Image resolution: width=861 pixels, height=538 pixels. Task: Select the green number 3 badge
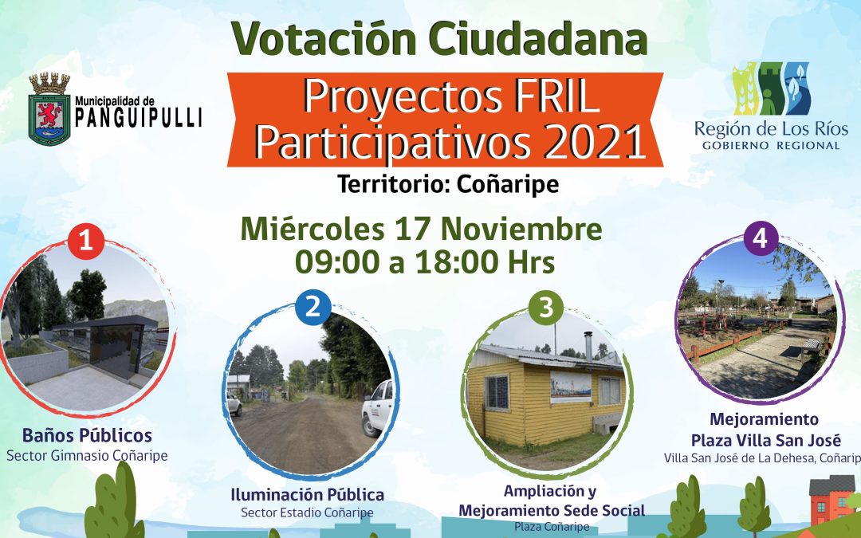(x=545, y=309)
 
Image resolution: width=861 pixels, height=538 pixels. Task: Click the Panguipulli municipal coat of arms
(x=49, y=109)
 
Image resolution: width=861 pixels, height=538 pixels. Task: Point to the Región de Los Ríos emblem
(x=770, y=88)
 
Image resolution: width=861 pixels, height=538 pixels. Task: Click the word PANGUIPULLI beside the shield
(x=138, y=118)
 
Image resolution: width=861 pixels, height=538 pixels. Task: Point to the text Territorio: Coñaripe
(x=448, y=184)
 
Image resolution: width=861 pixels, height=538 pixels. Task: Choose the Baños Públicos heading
(x=88, y=436)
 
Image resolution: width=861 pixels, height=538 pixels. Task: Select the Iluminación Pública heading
(x=307, y=494)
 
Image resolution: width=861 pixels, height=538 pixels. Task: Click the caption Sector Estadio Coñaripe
(x=307, y=512)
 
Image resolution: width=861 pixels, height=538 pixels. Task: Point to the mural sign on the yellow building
(x=571, y=386)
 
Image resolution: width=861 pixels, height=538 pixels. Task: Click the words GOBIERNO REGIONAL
(x=770, y=146)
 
